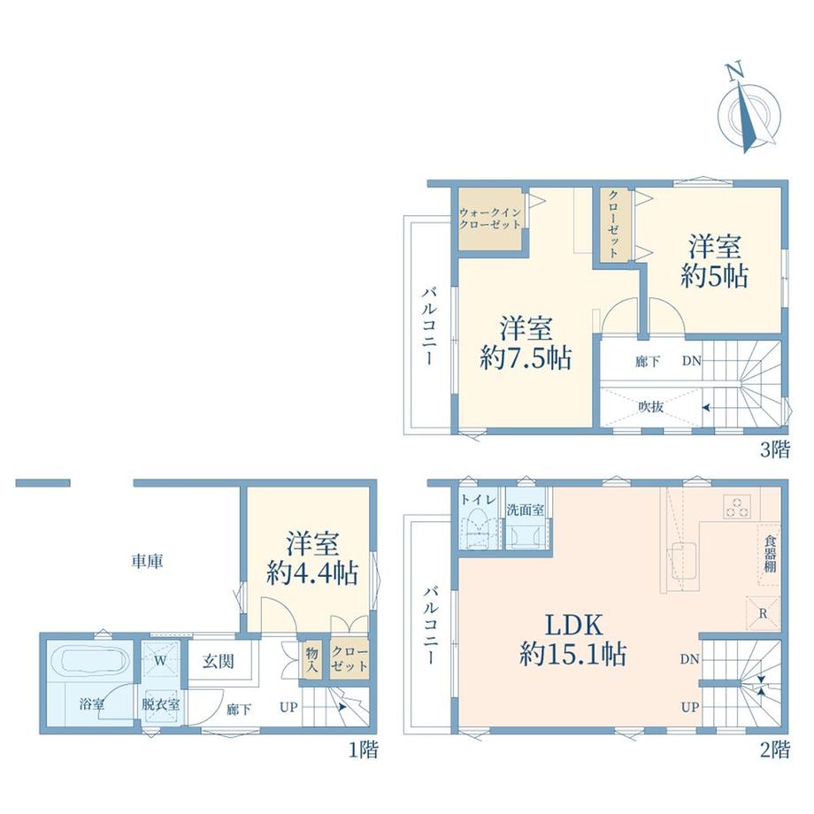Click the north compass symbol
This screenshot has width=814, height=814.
pos(748,110)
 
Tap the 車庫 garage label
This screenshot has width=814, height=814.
pos(147,561)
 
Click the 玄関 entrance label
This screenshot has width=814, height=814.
pos(219,662)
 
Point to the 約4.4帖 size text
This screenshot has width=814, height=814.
pos(312,573)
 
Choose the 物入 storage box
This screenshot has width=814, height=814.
pos(312,660)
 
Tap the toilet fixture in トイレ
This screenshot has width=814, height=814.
pos(478,528)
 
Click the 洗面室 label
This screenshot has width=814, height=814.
pos(526,511)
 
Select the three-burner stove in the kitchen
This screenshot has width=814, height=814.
pos(737,507)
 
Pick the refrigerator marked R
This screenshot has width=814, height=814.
pos(763,614)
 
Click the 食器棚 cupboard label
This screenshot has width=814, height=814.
pos(770,555)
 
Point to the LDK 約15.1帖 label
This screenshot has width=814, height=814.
pos(573,640)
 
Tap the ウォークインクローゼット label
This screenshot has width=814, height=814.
pos(490,219)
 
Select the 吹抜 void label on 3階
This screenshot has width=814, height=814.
pos(650,406)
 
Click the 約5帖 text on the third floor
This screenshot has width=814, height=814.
pos(714,276)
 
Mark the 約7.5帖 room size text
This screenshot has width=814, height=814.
pos(526,357)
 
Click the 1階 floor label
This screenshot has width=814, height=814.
pos(363,749)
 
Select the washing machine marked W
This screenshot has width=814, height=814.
pos(160,661)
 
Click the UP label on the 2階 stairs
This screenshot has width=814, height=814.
pos(690,707)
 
